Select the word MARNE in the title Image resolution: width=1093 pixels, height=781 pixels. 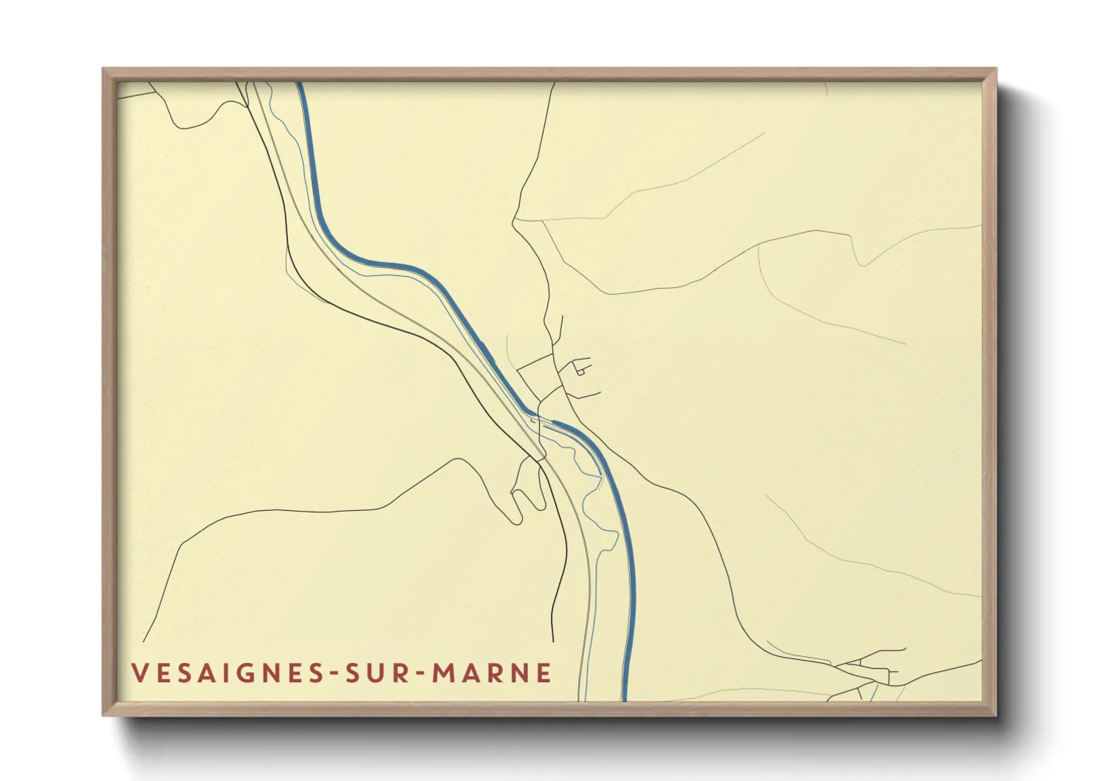[492, 672]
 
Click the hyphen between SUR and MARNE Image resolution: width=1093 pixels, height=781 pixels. [422, 673]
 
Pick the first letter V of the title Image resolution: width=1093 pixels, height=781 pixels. [139, 672]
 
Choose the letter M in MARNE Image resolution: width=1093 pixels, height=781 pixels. [443, 672]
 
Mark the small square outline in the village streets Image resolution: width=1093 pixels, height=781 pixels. [580, 372]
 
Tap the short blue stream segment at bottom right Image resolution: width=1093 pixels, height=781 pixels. [874, 692]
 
